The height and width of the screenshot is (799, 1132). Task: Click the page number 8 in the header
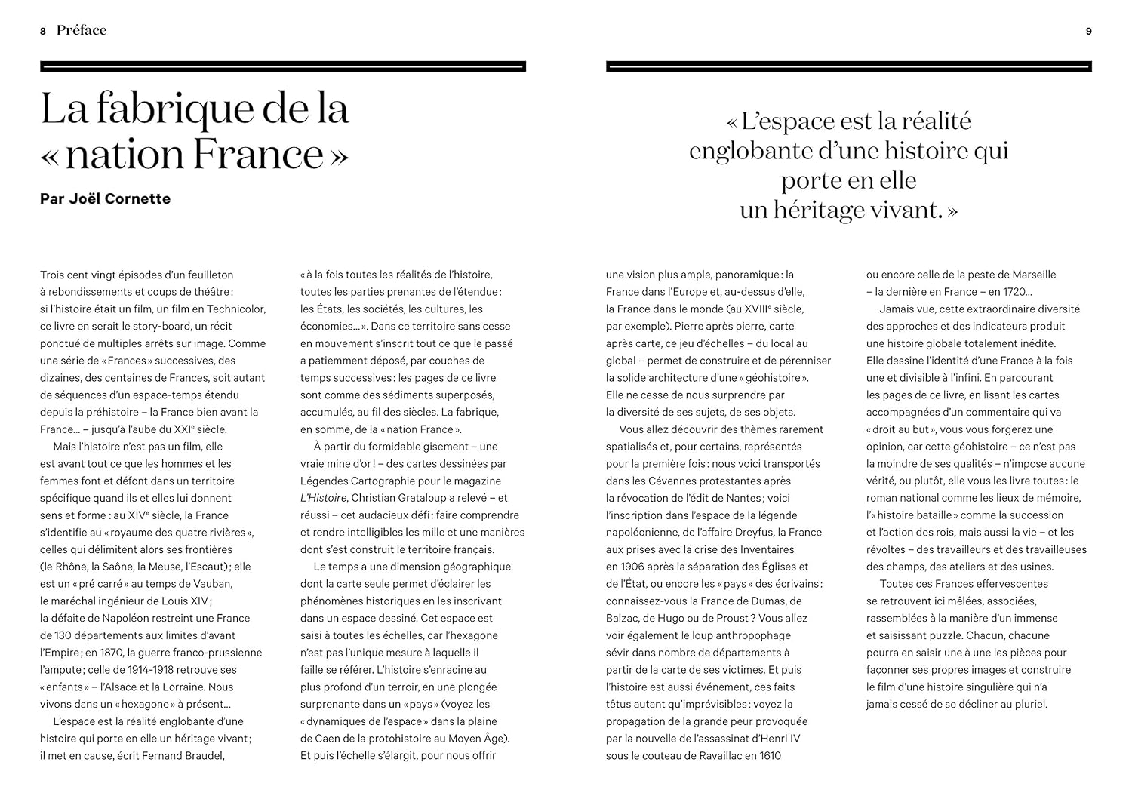click(x=43, y=31)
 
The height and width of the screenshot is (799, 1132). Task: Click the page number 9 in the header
click(x=1088, y=31)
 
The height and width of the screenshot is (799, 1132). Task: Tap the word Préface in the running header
click(x=82, y=30)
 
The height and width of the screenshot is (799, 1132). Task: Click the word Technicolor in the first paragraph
click(x=233, y=309)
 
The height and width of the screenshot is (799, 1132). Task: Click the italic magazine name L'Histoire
click(x=323, y=498)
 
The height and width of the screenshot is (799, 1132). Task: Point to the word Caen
click(x=328, y=739)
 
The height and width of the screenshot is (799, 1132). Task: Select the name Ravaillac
click(x=732, y=755)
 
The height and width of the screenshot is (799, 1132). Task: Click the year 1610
click(x=768, y=755)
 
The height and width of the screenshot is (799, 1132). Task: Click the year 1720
click(x=1009, y=292)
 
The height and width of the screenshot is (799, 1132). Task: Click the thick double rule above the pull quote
click(x=848, y=67)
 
